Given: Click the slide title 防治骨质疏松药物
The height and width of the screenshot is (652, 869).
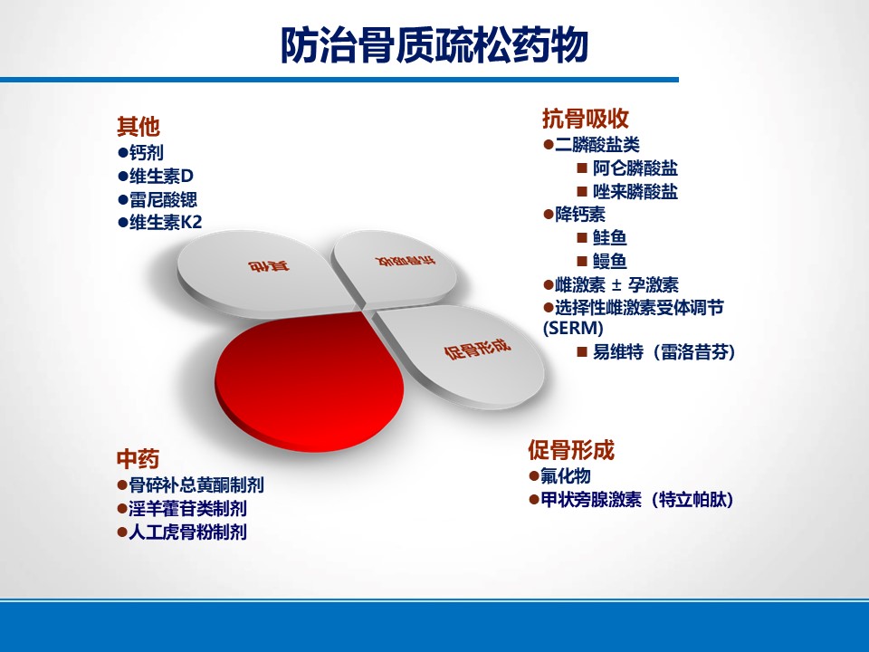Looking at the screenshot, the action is tap(434, 44).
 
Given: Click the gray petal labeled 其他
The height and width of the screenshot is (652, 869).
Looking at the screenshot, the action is tap(266, 273).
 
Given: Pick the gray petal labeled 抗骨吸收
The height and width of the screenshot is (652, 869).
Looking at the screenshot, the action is tap(396, 267).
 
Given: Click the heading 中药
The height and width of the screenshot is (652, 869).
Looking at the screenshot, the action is tap(138, 460).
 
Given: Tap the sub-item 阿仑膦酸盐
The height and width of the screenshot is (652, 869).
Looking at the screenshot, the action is tap(635, 168).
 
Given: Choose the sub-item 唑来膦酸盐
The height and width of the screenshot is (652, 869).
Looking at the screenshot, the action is tap(635, 191).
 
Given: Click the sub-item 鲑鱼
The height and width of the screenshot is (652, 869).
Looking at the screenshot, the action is tap(609, 237).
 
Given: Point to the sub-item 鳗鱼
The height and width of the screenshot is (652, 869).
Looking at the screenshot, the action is tap(609, 261).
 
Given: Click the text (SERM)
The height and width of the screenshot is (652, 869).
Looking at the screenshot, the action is tap(573, 328).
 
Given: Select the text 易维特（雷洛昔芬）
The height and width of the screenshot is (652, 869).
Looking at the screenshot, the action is tap(664, 351).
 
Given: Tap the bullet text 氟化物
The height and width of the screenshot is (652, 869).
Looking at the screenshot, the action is tap(565, 475).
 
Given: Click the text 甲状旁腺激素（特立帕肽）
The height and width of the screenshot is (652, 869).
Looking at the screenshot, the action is tap(636, 500).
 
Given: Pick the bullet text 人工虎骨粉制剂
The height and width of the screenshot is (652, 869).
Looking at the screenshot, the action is tap(188, 532).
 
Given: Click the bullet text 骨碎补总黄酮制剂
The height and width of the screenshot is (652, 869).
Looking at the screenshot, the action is tap(196, 485).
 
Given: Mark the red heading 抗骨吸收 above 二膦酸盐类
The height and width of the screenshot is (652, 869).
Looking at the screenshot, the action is tap(586, 119).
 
